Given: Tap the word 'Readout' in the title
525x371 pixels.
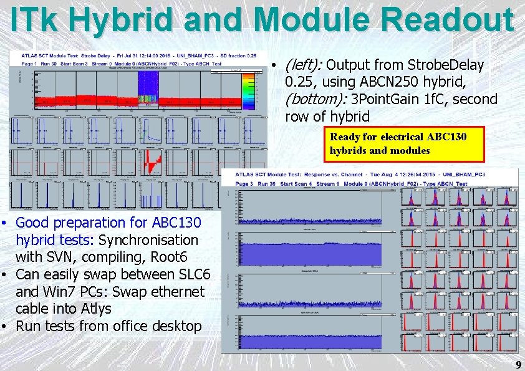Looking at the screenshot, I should pos(449,20).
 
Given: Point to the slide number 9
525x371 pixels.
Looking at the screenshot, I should pos(518,365).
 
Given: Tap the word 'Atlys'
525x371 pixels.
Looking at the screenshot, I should pos(96,309).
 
